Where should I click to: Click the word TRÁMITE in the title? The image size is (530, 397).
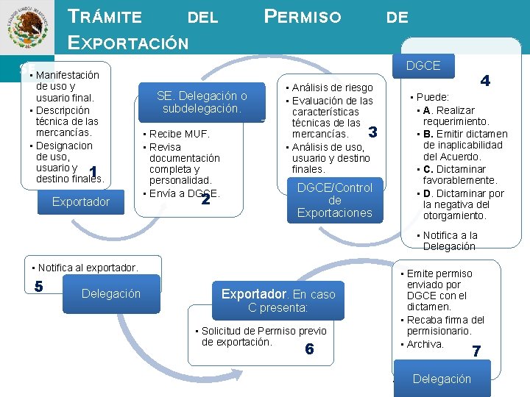pyautogui.click(x=105, y=16)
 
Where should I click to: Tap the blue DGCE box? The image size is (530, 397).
pyautogui.click(x=422, y=65)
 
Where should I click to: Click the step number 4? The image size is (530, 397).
pyautogui.click(x=486, y=81)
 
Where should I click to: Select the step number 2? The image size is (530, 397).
pyautogui.click(x=206, y=198)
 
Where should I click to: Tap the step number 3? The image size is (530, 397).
pyautogui.click(x=372, y=133)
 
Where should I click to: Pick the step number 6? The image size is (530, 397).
pyautogui.click(x=309, y=348)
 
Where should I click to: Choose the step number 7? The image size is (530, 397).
pyautogui.click(x=476, y=351)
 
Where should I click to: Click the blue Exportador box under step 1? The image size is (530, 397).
pyautogui.click(x=81, y=201)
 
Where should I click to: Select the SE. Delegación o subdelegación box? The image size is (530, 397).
pyautogui.click(x=202, y=102)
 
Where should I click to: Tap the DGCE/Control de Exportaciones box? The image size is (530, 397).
pyautogui.click(x=335, y=200)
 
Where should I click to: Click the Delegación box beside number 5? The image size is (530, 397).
pyautogui.click(x=111, y=293)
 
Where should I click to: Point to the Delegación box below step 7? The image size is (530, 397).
pyautogui.click(x=442, y=379)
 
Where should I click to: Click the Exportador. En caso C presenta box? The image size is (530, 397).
pyautogui.click(x=278, y=300)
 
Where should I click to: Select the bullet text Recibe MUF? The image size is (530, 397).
pyautogui.click(x=180, y=134)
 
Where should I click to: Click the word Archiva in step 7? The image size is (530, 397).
pyautogui.click(x=425, y=344)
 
